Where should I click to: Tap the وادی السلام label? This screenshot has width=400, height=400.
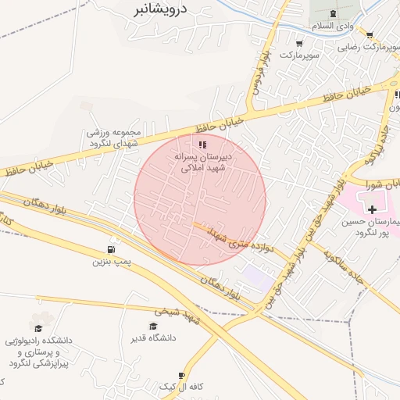pyautogui.click(x=334, y=26)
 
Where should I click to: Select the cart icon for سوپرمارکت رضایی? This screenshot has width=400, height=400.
pyautogui.click(x=370, y=35)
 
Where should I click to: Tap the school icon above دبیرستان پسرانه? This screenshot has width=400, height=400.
pyautogui.click(x=203, y=145)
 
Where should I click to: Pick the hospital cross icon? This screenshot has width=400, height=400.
pyautogui.click(x=372, y=209)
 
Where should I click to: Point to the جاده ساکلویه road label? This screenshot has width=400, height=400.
pyautogui.click(x=336, y=254)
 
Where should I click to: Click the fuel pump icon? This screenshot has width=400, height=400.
pyautogui.click(x=112, y=251)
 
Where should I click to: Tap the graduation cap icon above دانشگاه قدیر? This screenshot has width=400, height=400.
pyautogui.click(x=153, y=326)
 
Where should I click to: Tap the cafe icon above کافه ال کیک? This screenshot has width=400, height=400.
pyautogui.click(x=182, y=376)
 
